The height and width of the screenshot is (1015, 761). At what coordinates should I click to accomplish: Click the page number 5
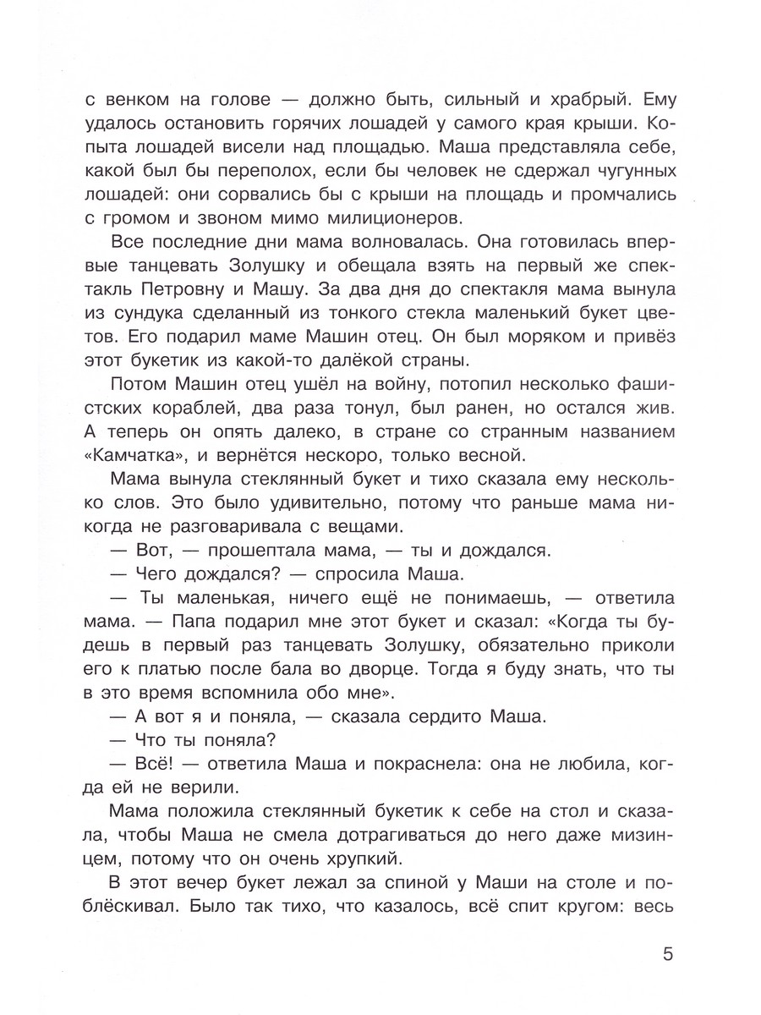(x=669, y=956)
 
